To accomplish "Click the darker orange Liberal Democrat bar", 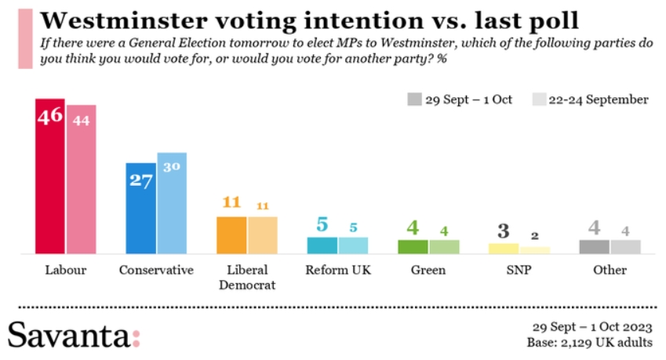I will click(231, 235).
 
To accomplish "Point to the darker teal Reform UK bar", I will click(322, 245).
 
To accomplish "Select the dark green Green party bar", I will click(413, 247).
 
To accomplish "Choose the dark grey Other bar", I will click(594, 247).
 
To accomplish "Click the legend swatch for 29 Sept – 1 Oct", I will click(413, 100).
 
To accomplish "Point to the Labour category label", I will click(65, 271).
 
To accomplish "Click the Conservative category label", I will click(156, 271).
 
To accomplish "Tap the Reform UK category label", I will click(337, 271).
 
